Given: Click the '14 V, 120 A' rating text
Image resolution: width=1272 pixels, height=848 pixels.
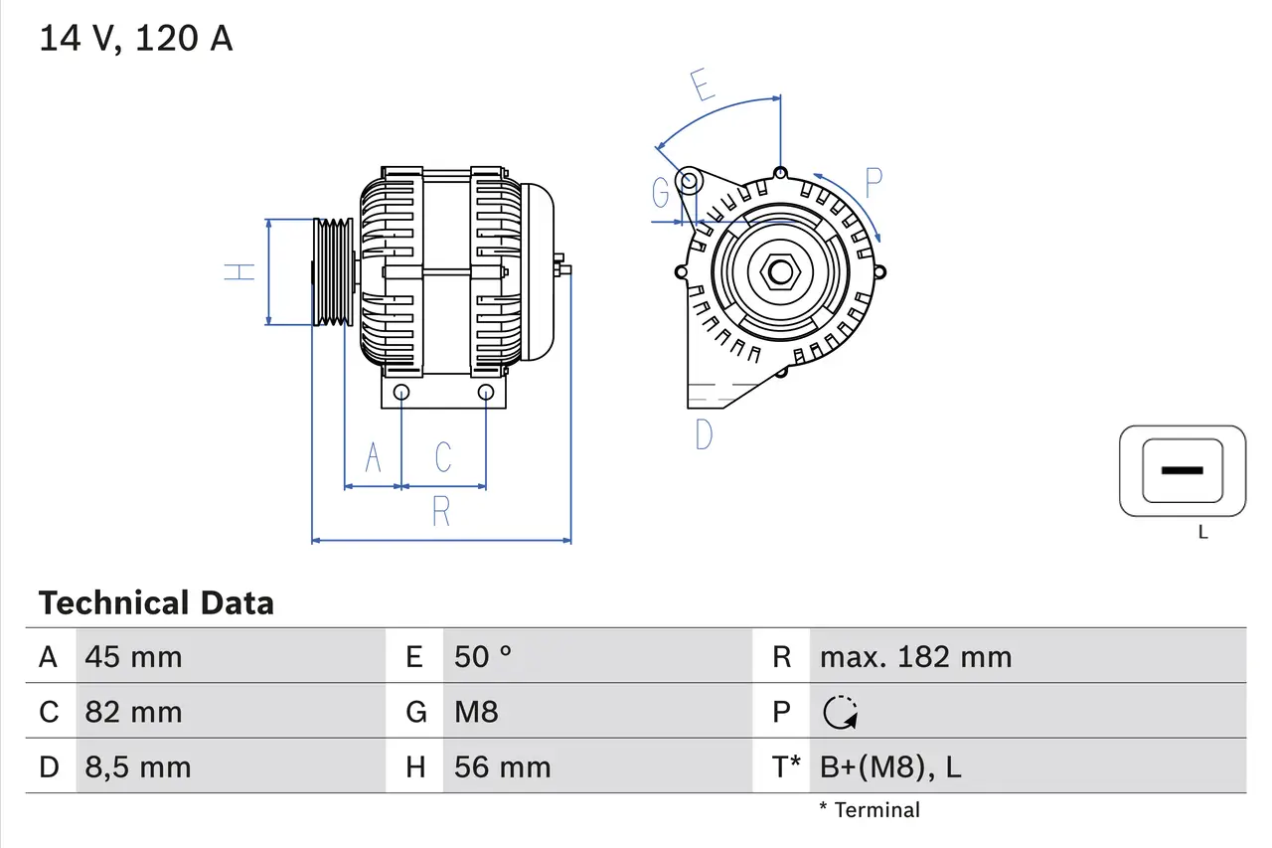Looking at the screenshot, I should click(135, 39).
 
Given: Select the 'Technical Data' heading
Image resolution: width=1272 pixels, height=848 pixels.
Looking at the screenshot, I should click(156, 603).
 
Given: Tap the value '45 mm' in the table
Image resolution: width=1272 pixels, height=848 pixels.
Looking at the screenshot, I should click(133, 657).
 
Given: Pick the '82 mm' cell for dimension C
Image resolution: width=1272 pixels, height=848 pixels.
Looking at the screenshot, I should click(133, 712).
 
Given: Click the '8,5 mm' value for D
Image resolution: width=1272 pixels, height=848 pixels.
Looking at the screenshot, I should click(137, 767).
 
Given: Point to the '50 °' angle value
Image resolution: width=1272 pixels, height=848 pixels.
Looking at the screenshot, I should click(483, 657).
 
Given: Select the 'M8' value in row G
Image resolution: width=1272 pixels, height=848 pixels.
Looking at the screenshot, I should click(476, 712).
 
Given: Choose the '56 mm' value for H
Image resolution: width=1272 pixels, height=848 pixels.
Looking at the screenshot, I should click(502, 767).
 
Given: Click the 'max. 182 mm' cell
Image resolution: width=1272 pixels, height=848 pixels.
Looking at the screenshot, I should click(915, 657).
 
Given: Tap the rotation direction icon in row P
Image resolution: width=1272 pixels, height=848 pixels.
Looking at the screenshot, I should click(841, 712).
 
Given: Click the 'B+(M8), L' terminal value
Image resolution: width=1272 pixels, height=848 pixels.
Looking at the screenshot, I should click(889, 767).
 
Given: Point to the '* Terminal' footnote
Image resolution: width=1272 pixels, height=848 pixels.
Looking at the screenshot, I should click(870, 810).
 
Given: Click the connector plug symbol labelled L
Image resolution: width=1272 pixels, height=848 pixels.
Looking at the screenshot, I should click(1183, 471).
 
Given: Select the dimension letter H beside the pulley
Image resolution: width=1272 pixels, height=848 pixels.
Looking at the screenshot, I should click(239, 271).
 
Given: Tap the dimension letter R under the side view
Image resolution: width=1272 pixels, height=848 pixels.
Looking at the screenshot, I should click(441, 512).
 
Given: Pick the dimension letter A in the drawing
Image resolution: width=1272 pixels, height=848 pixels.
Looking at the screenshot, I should click(374, 458).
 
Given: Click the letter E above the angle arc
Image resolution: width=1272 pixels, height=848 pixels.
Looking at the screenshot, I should click(703, 86).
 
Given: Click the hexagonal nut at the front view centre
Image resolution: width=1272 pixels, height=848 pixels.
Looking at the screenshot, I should click(780, 271).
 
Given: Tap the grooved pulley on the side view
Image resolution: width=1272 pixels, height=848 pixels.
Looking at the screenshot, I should click(332, 271).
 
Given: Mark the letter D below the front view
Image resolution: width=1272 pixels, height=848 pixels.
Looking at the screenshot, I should click(704, 434).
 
